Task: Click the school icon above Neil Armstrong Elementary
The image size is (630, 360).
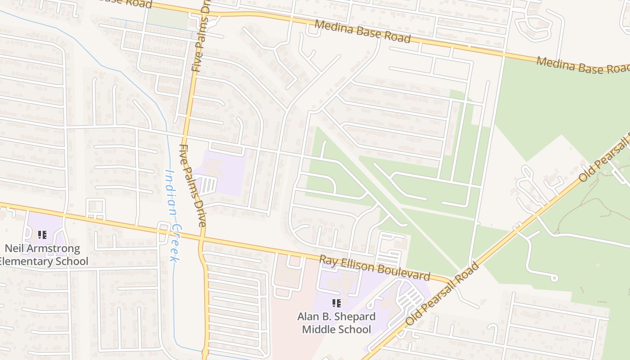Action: (x=42, y=234)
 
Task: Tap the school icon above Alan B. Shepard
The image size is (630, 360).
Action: (x=336, y=303)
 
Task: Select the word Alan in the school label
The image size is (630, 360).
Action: (x=307, y=316)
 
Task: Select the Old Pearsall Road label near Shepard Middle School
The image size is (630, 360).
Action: (x=442, y=294)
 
